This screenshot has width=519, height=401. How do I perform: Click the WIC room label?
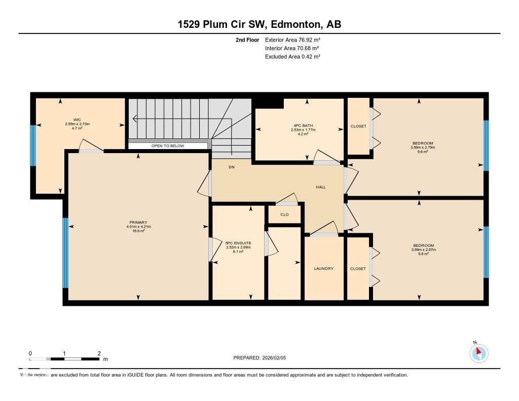[77, 120]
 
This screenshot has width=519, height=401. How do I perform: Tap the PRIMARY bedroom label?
[138, 223]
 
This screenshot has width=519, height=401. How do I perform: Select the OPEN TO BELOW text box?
[168, 146]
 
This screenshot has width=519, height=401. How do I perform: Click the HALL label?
[320, 187]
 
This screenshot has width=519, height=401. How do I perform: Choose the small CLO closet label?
[284, 214]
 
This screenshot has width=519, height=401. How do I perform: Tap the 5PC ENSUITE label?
[238, 243]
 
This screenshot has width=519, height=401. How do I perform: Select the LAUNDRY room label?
[323, 268]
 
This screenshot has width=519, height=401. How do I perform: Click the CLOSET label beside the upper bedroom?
[358, 126]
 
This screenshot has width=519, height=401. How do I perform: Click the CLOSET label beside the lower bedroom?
[358, 269]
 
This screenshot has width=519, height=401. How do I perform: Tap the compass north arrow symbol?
[478, 352]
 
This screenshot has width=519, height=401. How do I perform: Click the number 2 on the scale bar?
[99, 353]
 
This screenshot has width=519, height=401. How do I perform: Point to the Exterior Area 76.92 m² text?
[292, 40]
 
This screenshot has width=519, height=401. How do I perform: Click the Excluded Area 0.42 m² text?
[292, 57]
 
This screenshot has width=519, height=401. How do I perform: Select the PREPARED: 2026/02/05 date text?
[259, 358]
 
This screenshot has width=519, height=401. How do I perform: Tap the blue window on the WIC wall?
[33, 145]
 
